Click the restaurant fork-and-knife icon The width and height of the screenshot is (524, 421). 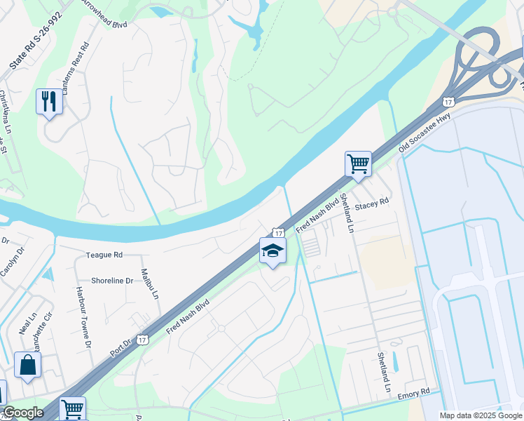tap(49, 102)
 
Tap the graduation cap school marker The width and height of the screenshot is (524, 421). tap(273, 250)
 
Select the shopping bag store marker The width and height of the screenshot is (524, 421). tap(27, 365)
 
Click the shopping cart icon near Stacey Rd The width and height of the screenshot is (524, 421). tap(358, 164)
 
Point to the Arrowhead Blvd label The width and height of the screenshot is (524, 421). tap(106, 15)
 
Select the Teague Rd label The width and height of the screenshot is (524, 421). tap(104, 255)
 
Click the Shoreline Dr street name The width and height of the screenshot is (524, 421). tap(112, 280)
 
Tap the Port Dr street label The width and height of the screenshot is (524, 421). tap(120, 349)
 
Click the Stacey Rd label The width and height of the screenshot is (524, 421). tap(371, 204)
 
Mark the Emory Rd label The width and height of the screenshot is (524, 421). tap(413, 396)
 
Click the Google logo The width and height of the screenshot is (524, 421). tap(23, 413)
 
